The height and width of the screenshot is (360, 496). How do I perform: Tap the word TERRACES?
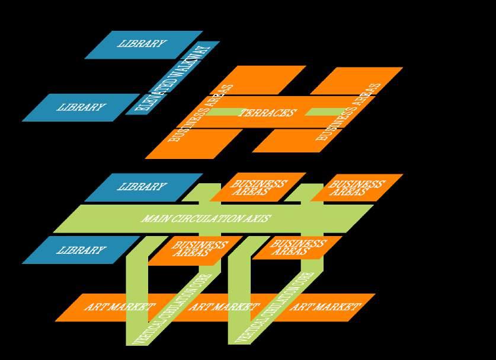[x=267, y=113]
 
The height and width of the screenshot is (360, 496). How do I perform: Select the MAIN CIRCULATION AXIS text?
[x=206, y=219]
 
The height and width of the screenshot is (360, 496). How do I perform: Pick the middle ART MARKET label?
[x=224, y=307]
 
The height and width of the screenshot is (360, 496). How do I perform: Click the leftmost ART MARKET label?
[x=120, y=307]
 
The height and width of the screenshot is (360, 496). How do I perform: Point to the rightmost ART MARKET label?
[x=325, y=307]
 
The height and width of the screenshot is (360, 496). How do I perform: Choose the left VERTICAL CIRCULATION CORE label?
[x=172, y=309]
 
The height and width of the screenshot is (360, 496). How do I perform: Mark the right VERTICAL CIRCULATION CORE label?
[x=274, y=308]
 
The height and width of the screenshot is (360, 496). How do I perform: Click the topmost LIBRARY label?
[x=142, y=44]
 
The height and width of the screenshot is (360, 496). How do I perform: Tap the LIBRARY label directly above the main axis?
[x=142, y=187]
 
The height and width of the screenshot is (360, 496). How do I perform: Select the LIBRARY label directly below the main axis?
[x=81, y=250]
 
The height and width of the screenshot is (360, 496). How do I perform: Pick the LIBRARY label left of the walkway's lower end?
[x=81, y=107]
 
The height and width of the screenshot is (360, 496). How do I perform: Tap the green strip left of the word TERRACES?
[x=223, y=112]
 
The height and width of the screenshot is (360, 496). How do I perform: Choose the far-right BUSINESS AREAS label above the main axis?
[x=356, y=188]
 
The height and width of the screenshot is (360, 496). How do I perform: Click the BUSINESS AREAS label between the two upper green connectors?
[x=258, y=188]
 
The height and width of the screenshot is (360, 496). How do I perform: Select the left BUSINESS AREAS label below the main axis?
[x=199, y=249]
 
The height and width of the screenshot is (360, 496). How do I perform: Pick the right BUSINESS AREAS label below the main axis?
[x=297, y=247]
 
